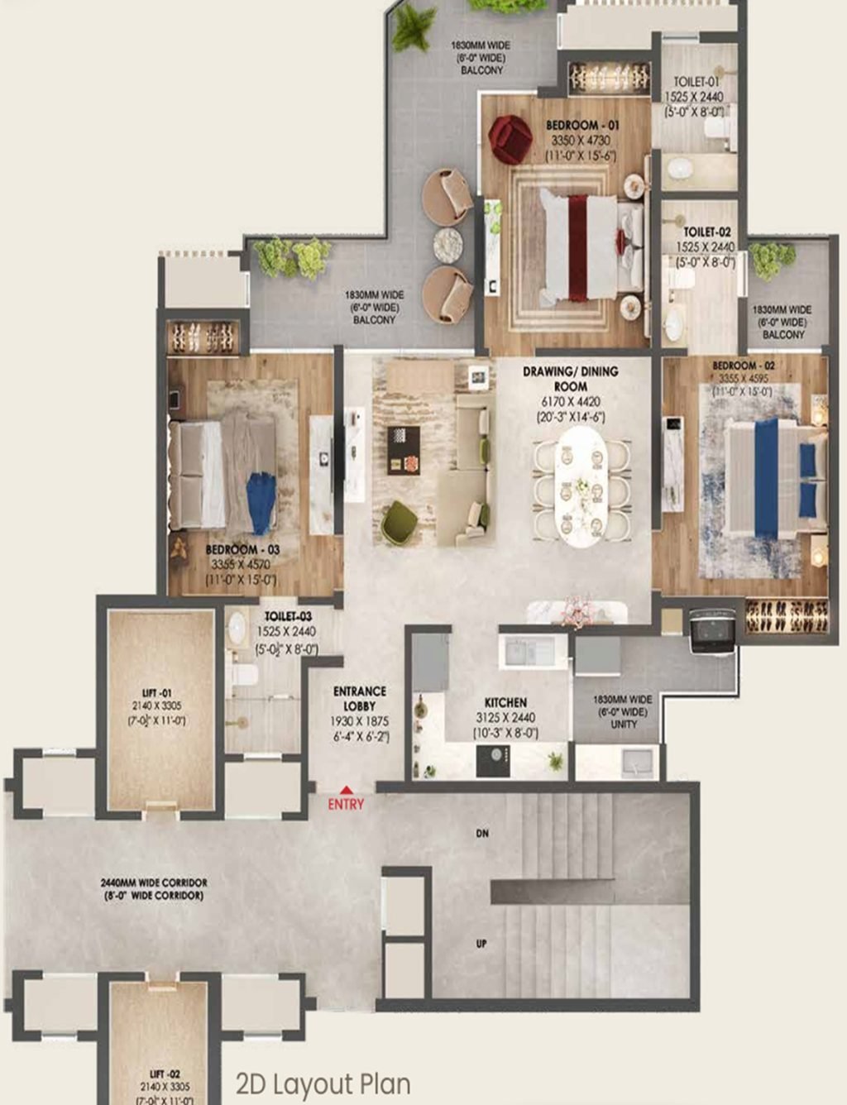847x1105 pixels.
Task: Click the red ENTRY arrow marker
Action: point(346,790)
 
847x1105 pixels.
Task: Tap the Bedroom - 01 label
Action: point(582,125)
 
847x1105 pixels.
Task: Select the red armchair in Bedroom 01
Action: point(509,137)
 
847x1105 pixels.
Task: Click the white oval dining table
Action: point(581,485)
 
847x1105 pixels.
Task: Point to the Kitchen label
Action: point(505,702)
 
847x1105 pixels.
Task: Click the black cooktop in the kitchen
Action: point(493,760)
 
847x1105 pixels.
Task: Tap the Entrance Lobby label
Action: point(359,698)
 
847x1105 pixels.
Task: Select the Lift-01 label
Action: point(156,693)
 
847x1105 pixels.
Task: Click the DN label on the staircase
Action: point(482,834)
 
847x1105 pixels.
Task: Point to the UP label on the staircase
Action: point(481,943)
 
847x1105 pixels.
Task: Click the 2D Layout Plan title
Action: point(323,1083)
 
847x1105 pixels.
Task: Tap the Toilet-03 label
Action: point(288,616)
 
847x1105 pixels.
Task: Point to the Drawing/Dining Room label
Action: point(570,379)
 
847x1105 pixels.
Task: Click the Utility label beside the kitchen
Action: point(623,724)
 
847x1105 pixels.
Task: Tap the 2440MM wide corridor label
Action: point(154,883)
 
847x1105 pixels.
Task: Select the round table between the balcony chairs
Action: point(449,246)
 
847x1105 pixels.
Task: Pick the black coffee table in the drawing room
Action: point(403,450)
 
